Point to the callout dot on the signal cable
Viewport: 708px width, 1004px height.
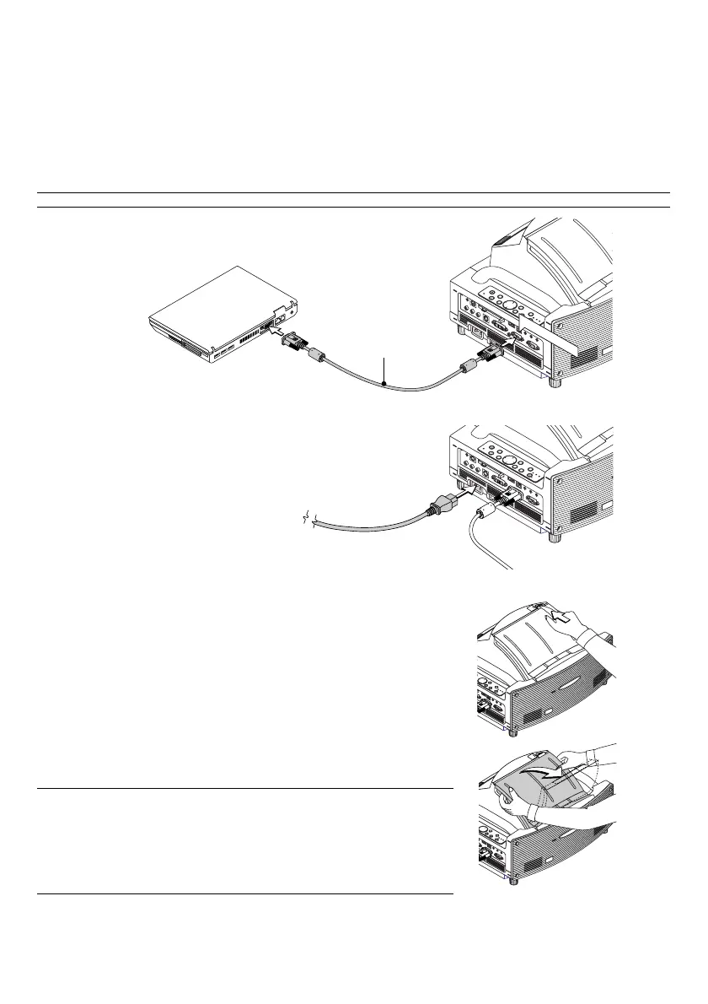tap(384, 385)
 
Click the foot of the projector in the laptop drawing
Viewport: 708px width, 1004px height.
tap(555, 381)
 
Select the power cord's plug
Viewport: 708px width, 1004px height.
tap(442, 507)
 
